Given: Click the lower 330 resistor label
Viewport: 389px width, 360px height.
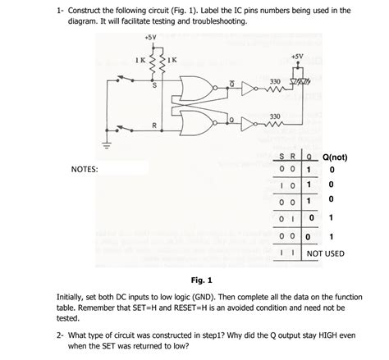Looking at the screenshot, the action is [x=277, y=116].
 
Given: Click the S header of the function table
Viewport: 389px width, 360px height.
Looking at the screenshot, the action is [x=284, y=157].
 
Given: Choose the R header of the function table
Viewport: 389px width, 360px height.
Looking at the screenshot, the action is [x=293, y=157].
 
